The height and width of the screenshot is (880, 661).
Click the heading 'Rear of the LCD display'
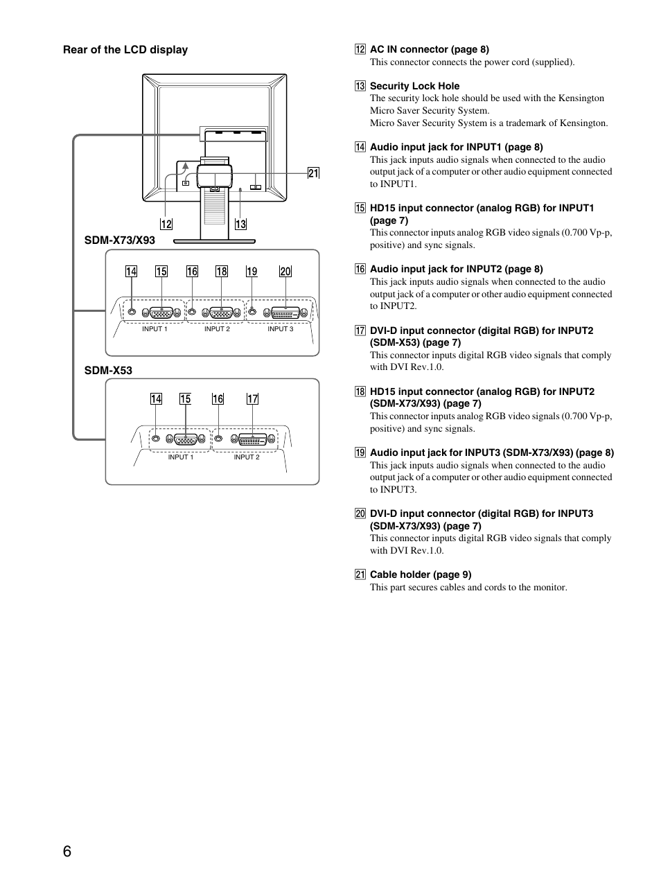click(x=125, y=50)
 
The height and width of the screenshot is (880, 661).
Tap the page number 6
click(x=67, y=852)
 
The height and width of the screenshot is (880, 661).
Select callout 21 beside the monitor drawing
click(x=313, y=173)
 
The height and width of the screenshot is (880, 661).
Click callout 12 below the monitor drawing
click(x=166, y=224)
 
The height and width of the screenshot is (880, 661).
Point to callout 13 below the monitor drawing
click(x=240, y=224)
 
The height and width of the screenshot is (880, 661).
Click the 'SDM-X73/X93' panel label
click(x=120, y=240)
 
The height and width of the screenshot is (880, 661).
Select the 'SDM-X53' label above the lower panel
click(x=108, y=371)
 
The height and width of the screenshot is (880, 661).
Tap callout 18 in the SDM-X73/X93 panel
click(x=221, y=271)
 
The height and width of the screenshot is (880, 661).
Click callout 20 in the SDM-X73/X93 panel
click(x=285, y=271)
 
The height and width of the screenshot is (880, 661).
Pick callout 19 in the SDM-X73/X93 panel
click(x=252, y=271)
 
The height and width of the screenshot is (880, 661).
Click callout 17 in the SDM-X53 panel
click(x=252, y=398)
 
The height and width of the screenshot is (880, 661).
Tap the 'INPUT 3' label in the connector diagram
click(x=281, y=329)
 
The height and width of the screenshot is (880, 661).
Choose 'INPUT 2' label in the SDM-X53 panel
click(x=247, y=457)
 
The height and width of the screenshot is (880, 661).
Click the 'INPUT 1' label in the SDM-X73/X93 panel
click(x=155, y=329)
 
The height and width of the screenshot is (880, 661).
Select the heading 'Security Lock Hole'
click(x=414, y=86)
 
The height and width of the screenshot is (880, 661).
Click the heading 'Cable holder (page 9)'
click(x=421, y=574)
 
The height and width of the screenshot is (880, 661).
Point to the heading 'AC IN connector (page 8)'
click(x=429, y=49)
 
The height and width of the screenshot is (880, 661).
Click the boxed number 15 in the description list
click(x=360, y=208)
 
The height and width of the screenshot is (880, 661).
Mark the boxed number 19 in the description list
click(x=360, y=452)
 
